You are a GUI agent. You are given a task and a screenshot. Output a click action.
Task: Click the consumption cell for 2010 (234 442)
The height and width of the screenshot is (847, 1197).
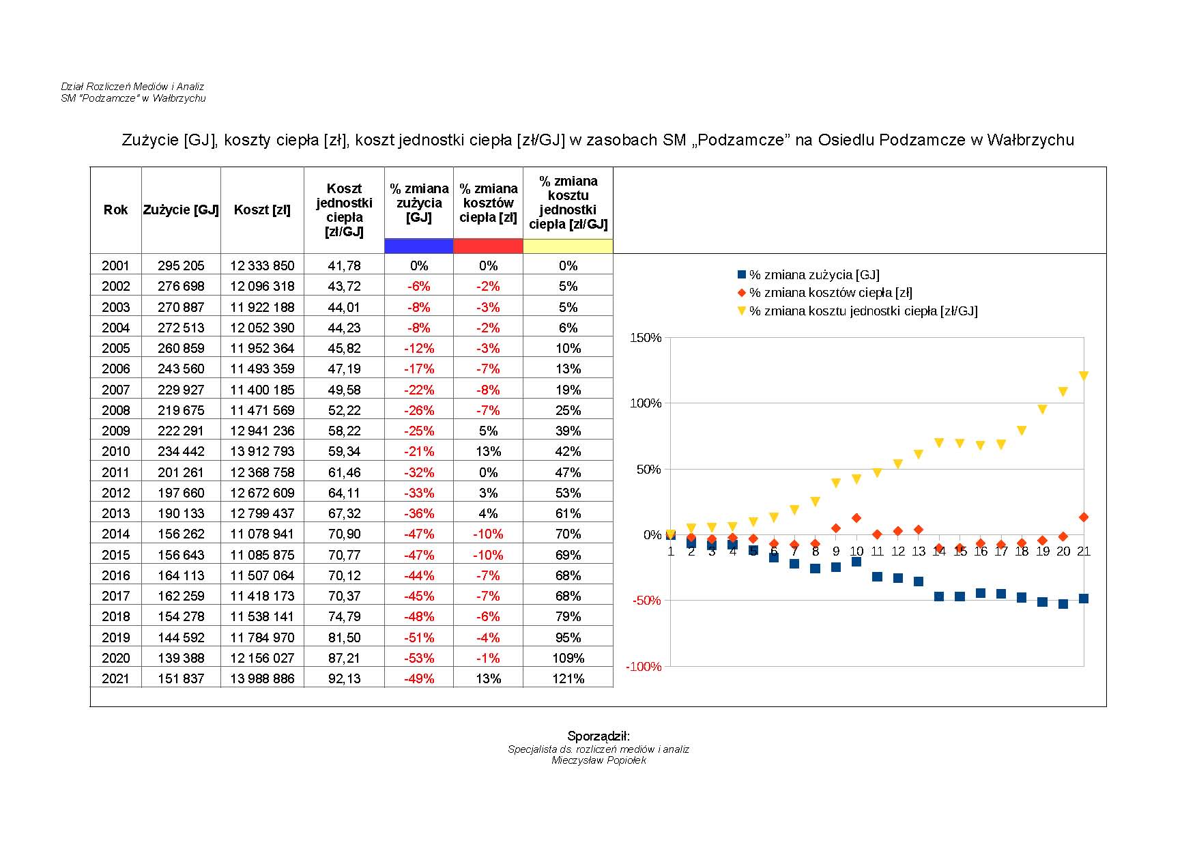[x=181, y=451]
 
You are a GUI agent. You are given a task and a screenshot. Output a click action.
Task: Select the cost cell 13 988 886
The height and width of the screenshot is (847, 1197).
[x=262, y=678]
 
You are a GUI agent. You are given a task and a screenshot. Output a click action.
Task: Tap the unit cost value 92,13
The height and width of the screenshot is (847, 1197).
[x=344, y=678]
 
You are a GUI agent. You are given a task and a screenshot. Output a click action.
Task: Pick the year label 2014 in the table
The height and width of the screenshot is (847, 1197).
[x=115, y=534]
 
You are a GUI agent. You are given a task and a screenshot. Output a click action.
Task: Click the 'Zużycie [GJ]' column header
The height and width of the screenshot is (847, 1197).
[x=181, y=210]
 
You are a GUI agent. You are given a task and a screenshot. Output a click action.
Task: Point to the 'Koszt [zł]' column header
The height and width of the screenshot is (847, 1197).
[x=262, y=210]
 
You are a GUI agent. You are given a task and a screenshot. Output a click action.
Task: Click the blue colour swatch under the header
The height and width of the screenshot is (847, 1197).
[x=419, y=246]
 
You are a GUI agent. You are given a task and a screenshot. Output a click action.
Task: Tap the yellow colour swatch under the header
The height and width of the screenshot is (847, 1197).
[x=568, y=246]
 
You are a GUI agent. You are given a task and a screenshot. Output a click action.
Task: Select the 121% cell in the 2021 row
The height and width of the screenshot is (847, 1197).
[x=568, y=678]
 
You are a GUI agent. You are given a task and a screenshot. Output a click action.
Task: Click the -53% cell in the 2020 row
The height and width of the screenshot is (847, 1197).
[x=419, y=658]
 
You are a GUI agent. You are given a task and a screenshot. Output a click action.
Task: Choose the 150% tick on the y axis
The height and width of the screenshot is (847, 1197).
[x=646, y=338]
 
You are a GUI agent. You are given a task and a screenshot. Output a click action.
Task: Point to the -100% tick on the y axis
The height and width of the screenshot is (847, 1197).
[x=644, y=667]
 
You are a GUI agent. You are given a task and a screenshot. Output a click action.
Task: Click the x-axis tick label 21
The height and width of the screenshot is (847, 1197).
[x=1084, y=551]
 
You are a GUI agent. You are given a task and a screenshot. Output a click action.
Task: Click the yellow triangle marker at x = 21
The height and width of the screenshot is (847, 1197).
[x=1084, y=375]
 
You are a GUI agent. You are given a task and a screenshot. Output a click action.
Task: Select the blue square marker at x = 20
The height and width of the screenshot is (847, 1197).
[x=1063, y=604]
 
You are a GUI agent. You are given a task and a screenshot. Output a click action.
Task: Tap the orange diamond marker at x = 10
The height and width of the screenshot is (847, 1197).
[x=856, y=518]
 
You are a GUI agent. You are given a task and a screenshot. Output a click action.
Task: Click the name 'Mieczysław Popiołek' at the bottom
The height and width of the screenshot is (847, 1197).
[x=598, y=760]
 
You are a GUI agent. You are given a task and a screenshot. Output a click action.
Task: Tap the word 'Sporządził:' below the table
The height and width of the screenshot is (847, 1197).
[x=598, y=736]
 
